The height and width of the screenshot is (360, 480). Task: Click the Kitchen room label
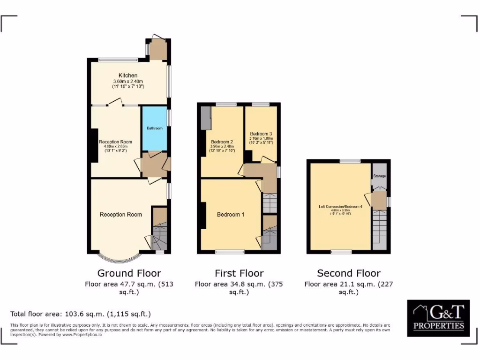tap(128, 75)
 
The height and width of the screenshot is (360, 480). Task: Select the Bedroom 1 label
tap(231, 215)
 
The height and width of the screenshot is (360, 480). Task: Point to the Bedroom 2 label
tap(222, 142)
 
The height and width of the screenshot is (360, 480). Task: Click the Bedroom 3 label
tap(261, 134)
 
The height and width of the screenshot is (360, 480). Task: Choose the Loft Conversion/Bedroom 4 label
tap(340, 206)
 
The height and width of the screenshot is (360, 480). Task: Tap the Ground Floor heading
tap(129, 273)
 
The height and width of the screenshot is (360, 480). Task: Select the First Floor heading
tap(239, 273)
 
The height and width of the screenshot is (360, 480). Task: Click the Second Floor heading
tap(348, 273)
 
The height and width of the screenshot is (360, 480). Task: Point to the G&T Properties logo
tap(438, 318)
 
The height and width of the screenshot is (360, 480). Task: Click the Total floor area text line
tap(81, 314)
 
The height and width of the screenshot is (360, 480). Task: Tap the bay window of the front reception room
tap(120, 257)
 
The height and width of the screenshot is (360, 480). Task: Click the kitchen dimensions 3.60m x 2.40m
tap(128, 82)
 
